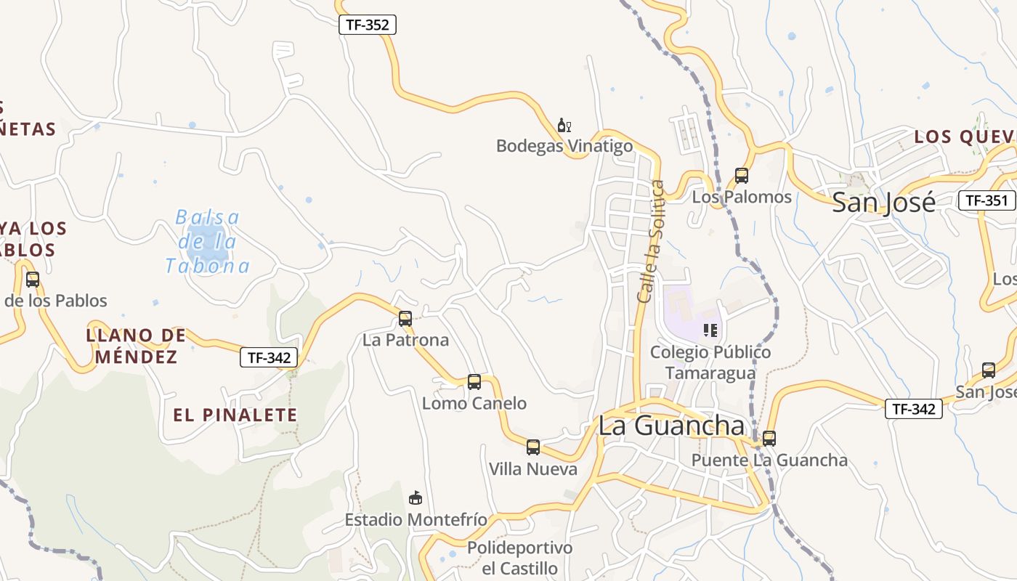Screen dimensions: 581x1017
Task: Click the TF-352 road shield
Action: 368,25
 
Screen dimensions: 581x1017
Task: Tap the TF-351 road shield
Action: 986,200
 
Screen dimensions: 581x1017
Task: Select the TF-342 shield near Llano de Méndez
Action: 269,357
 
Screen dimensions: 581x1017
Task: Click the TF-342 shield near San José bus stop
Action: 913,409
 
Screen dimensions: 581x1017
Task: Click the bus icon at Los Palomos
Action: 741,176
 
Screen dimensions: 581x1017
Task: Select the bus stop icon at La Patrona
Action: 405,318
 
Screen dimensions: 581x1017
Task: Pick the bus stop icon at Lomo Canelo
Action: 474,381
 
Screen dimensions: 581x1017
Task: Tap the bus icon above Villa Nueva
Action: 533,447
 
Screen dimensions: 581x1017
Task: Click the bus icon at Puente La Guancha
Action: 769,438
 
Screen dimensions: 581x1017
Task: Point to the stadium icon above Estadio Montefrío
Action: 416,497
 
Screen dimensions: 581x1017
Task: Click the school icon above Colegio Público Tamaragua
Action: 710,330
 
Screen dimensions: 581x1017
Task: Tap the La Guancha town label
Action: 671,426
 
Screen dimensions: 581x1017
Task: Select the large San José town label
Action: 883,202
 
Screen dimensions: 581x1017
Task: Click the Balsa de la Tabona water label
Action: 207,242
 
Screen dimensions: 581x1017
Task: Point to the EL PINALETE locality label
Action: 235,415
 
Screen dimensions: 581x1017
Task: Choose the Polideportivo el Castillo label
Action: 519,558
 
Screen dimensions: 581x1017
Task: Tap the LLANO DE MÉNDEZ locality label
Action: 136,346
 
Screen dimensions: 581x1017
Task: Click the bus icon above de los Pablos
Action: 32,279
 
